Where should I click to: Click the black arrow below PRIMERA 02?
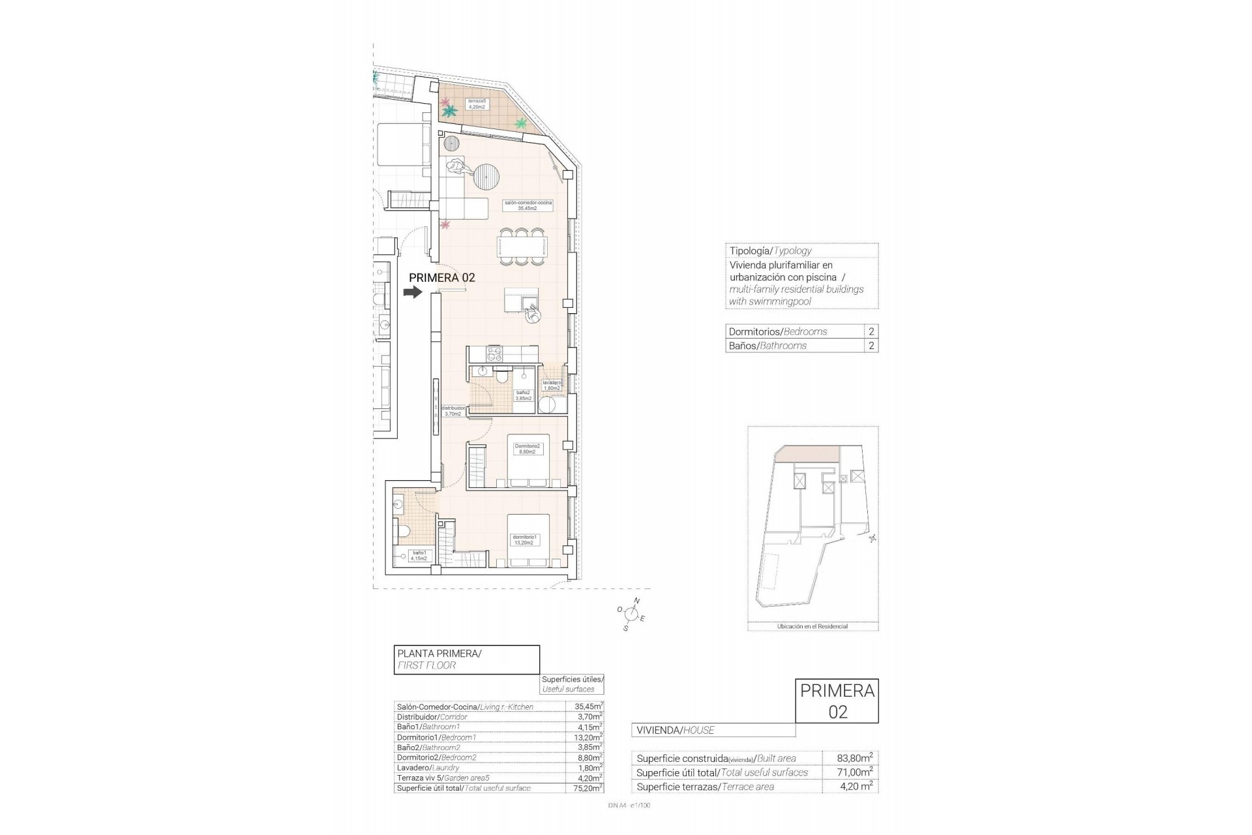click(413, 293)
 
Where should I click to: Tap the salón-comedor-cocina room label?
click(528, 205)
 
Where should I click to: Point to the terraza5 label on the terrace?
click(477, 104)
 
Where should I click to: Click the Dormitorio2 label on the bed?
click(527, 448)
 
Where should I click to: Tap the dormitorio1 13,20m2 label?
click(524, 539)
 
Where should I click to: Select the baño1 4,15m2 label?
click(419, 556)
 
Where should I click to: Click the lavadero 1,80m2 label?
click(552, 386)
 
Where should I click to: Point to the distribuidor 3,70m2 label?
click(453, 411)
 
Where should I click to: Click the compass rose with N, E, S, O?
click(631, 613)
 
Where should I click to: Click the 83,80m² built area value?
click(854, 758)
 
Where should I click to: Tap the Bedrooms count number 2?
click(871, 331)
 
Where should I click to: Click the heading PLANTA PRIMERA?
click(439, 653)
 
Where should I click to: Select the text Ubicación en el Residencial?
click(812, 626)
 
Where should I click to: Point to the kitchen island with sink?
click(521, 302)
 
